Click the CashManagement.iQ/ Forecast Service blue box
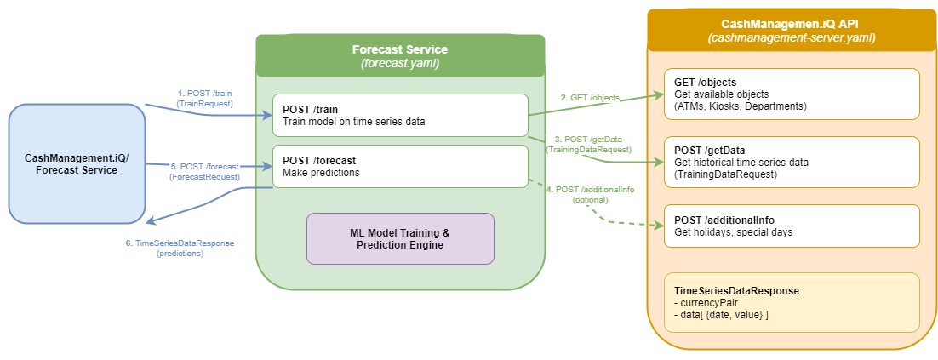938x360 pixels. (77, 164)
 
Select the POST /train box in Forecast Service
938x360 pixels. (400, 115)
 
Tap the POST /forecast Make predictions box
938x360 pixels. (400, 166)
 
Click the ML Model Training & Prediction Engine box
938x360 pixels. (399, 237)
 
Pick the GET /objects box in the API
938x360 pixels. (791, 94)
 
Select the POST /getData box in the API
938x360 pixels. (791, 162)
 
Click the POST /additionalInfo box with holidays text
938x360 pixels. (791, 226)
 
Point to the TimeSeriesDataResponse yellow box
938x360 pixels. (791, 302)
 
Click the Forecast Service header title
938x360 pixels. (399, 49)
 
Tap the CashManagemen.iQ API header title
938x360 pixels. (792, 25)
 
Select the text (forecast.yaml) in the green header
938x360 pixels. (399, 64)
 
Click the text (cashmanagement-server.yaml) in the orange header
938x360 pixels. (792, 39)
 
